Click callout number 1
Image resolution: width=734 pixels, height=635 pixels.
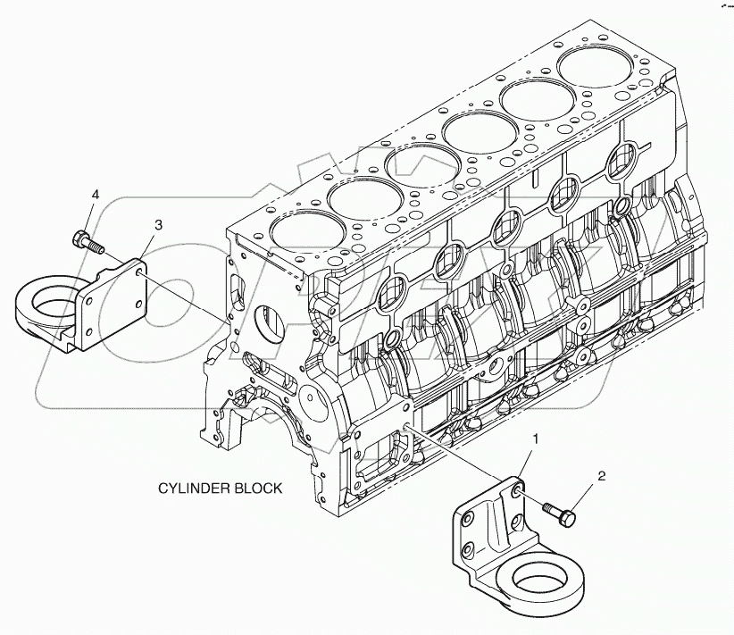click(537, 439)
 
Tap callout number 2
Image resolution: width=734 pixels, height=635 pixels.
click(602, 476)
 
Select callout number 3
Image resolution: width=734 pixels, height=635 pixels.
click(157, 225)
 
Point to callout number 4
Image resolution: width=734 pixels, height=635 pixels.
click(96, 194)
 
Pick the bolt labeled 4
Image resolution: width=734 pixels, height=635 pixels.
click(85, 240)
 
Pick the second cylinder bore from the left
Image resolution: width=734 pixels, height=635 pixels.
click(359, 201)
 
